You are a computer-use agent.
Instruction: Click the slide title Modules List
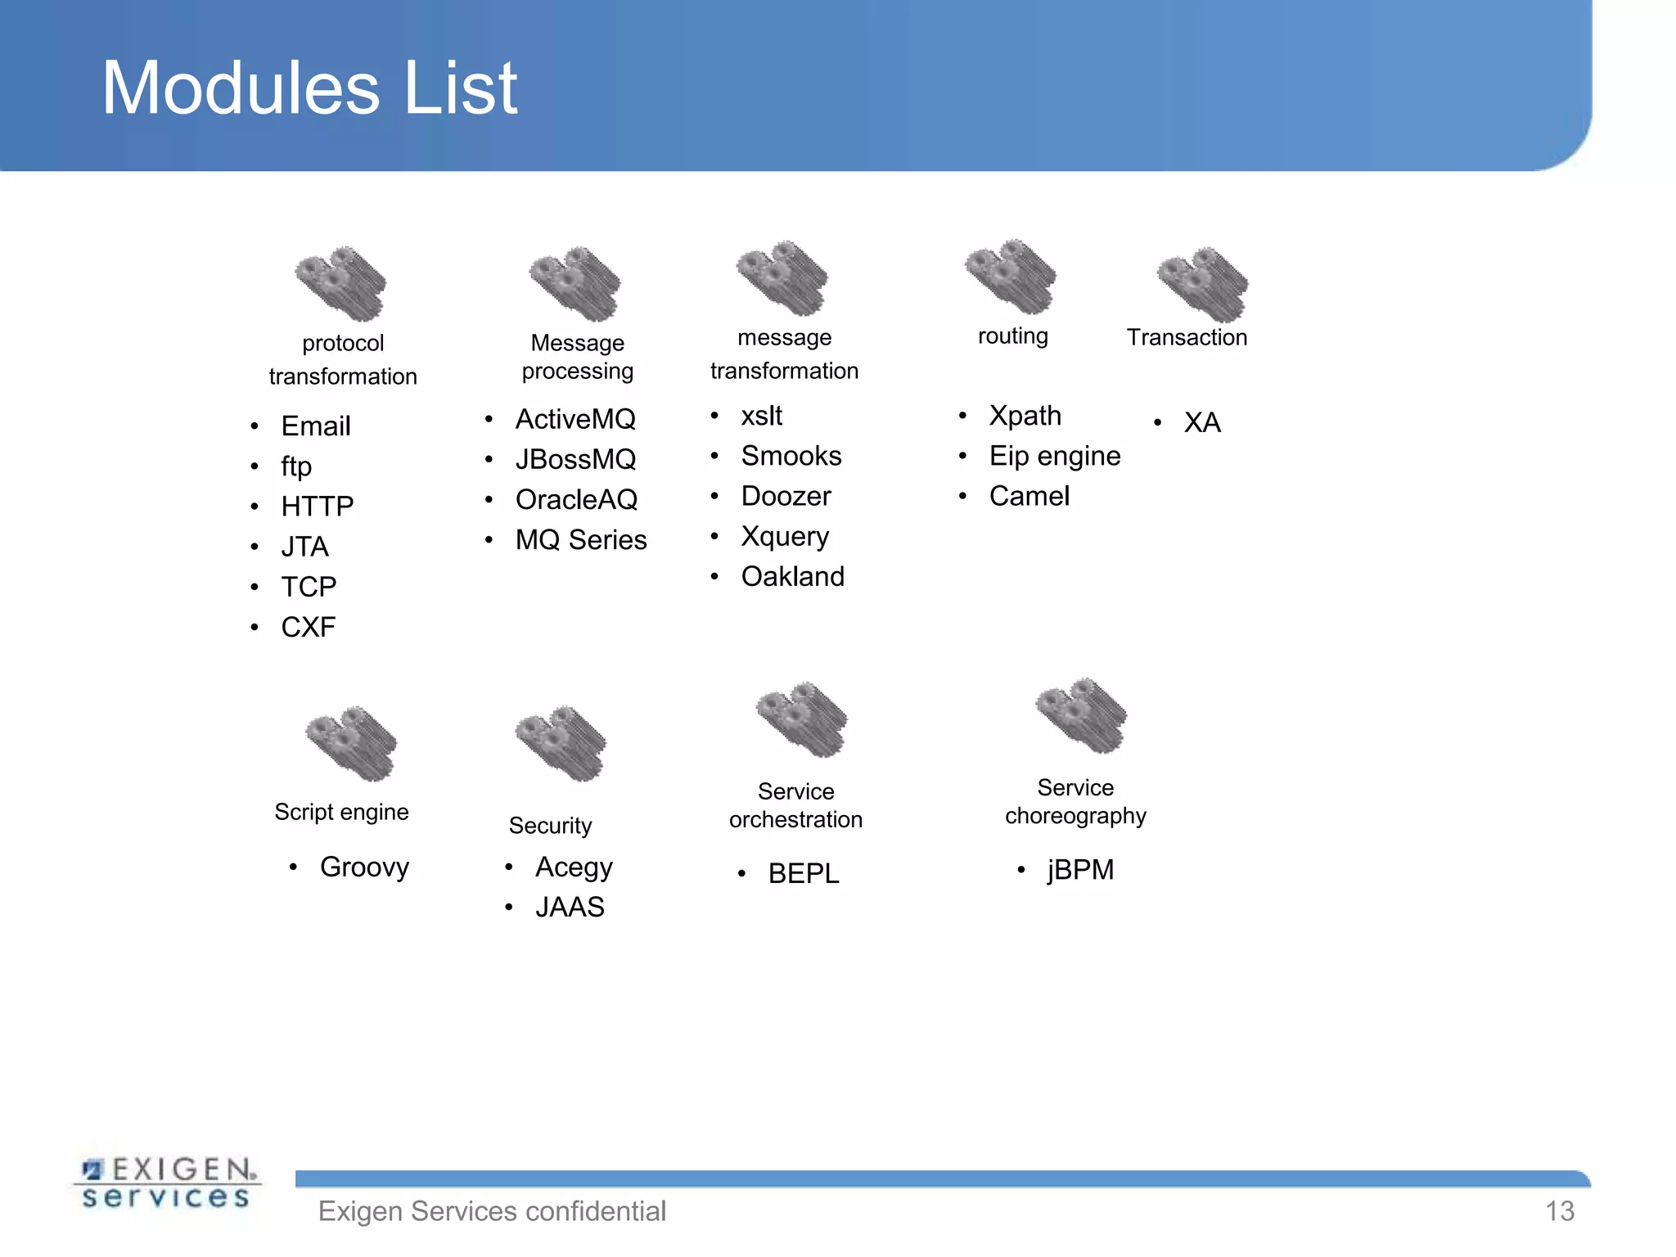[x=309, y=88]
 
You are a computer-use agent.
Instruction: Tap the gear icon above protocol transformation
[x=340, y=283]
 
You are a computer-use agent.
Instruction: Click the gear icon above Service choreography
[x=1081, y=715]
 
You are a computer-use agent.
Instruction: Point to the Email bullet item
[x=315, y=426]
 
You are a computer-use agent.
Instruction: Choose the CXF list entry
[x=308, y=628]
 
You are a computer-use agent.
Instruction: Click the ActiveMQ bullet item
[x=574, y=419]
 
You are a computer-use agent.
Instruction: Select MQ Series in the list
[x=580, y=540]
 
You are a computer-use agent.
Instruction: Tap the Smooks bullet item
[x=791, y=456]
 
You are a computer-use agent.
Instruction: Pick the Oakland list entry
[x=792, y=577]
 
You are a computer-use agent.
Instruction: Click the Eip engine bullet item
[x=1054, y=456]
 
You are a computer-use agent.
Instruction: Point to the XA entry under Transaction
[x=1201, y=423]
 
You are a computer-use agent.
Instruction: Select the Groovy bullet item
[x=364, y=867]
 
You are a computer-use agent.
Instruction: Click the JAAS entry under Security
[x=570, y=908]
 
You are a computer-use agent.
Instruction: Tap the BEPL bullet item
[x=803, y=874]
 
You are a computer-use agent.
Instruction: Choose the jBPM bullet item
[x=1080, y=870]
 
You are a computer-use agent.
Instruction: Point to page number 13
[x=1559, y=1211]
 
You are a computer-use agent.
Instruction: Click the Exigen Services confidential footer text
[x=492, y=1211]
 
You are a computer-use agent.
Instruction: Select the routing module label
[x=1012, y=336]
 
